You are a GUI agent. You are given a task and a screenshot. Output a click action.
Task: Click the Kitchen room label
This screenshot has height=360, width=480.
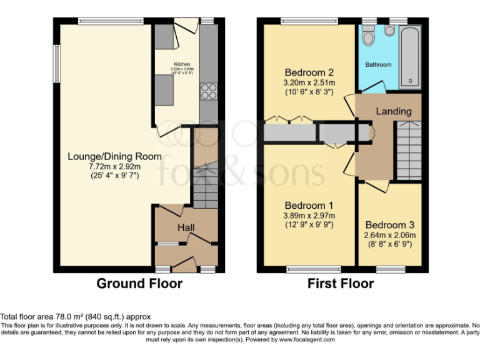tap(182, 64)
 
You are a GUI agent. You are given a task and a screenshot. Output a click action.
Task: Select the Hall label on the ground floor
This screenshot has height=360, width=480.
tap(186, 227)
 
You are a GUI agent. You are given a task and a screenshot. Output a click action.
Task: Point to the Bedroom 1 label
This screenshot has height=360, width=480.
tap(309, 205)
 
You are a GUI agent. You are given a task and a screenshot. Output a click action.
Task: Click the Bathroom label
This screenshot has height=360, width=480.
tap(378, 64)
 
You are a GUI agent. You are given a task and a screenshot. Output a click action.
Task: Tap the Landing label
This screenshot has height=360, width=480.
tap(394, 111)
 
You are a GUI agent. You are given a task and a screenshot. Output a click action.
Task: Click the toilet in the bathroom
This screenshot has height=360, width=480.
tap(368, 37)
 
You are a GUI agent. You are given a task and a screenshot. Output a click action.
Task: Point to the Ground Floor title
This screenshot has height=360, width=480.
tap(139, 284)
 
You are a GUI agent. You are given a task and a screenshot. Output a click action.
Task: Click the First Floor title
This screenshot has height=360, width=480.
tap(341, 284)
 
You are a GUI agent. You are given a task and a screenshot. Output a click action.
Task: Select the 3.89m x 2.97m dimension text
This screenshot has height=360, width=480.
tap(309, 216)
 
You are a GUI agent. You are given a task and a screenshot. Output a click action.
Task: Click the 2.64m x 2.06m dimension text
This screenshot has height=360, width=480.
tap(390, 235)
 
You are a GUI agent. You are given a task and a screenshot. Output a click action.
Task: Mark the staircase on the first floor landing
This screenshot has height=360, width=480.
tap(410, 150)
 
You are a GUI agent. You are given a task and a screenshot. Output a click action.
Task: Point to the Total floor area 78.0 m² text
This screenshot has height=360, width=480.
tap(76, 317)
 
